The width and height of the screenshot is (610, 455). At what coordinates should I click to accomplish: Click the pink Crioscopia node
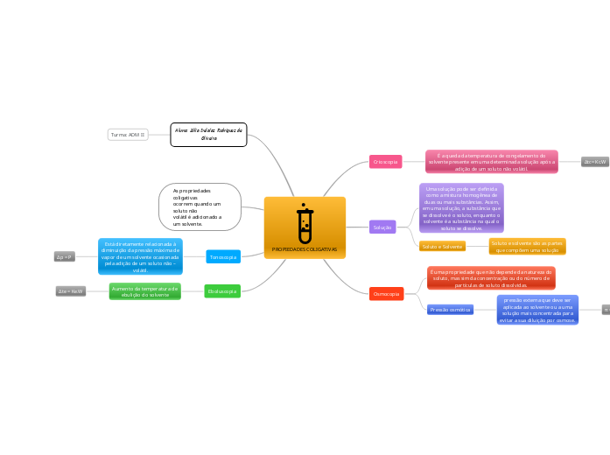[386, 162]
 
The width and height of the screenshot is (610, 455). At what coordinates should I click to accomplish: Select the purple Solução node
[382, 227]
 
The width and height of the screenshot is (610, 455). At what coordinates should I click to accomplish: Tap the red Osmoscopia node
[386, 294]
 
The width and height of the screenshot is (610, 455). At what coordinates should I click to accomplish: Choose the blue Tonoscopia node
[223, 256]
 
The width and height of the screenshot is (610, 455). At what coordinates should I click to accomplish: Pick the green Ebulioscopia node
[222, 290]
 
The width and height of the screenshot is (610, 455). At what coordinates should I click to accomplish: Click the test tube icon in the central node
[305, 225]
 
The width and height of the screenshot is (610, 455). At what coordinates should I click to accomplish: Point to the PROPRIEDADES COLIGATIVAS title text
[305, 249]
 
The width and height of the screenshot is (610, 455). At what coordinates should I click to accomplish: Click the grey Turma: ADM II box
[128, 135]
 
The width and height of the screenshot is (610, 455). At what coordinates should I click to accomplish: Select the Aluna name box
[208, 135]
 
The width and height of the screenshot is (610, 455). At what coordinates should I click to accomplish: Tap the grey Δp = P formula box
[65, 256]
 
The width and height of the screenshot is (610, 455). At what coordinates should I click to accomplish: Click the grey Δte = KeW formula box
[71, 290]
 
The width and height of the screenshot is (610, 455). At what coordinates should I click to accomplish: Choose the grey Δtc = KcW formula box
[595, 162]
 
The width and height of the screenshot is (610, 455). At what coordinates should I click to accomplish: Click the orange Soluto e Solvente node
[442, 247]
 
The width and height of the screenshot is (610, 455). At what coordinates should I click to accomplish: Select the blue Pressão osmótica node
[450, 310]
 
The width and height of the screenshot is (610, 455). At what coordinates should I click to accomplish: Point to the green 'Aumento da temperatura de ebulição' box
[145, 291]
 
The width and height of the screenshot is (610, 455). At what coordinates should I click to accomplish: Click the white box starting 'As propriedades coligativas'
[200, 206]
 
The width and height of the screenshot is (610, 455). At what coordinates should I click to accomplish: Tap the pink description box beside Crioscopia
[491, 162]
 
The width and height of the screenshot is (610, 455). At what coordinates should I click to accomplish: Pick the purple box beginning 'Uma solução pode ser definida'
[461, 208]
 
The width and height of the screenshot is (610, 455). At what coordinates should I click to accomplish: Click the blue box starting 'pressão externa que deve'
[537, 310]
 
